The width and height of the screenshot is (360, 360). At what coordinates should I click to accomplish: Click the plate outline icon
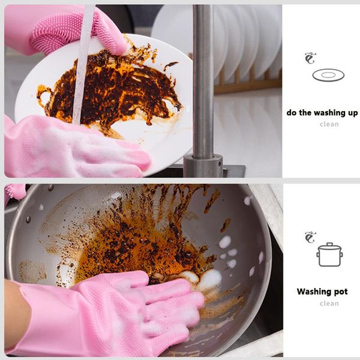328,76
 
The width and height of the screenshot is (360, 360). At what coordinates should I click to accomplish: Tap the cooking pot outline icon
329,254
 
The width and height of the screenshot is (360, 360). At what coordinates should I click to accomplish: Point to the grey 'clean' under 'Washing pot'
329,304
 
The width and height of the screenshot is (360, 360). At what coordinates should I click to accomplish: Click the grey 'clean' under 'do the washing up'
329,124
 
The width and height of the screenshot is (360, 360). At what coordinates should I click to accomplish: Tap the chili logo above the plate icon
310,58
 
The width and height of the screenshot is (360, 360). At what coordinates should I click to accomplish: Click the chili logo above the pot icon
310,238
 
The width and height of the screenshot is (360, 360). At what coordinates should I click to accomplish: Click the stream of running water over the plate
82,64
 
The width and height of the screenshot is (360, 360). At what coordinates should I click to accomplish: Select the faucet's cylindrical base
203,166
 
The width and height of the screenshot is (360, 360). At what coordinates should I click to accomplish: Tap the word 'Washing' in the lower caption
312,292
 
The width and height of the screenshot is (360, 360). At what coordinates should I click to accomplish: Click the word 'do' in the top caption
292,113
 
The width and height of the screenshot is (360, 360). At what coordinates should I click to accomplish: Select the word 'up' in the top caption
353,113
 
